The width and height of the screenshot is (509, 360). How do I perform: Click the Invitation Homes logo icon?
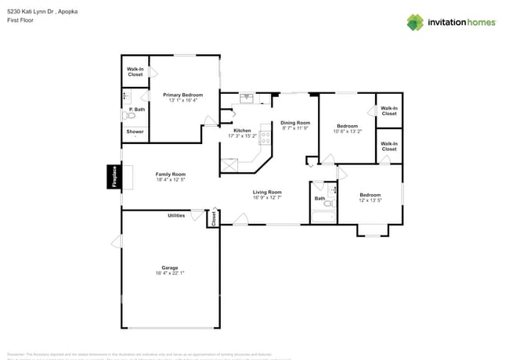tap(414, 22)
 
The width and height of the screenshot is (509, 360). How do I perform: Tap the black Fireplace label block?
tap(114, 177)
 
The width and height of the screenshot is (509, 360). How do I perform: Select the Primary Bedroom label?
tap(182, 95)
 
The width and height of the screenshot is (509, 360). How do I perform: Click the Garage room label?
tap(170, 268)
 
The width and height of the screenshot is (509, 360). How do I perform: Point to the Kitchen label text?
tap(242, 130)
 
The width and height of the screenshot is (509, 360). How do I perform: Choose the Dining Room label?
tap(295, 122)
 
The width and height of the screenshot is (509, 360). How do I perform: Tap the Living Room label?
tap(266, 192)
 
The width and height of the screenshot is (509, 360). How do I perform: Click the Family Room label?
tap(170, 175)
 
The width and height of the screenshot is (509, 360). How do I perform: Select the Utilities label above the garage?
tap(176, 215)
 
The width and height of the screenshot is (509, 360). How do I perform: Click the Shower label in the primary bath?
tap(135, 131)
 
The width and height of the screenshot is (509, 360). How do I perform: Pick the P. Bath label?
tap(137, 109)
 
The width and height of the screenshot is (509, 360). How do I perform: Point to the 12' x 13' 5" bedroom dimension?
tap(370, 200)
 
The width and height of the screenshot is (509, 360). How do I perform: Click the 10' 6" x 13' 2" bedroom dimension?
tap(348, 131)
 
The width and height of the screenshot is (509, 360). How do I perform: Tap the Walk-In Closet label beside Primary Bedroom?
tap(135, 71)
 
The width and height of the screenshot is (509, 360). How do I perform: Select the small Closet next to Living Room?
tap(213, 220)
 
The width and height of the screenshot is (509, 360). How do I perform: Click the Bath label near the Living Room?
tap(319, 198)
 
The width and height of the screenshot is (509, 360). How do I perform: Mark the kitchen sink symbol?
tap(246, 98)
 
